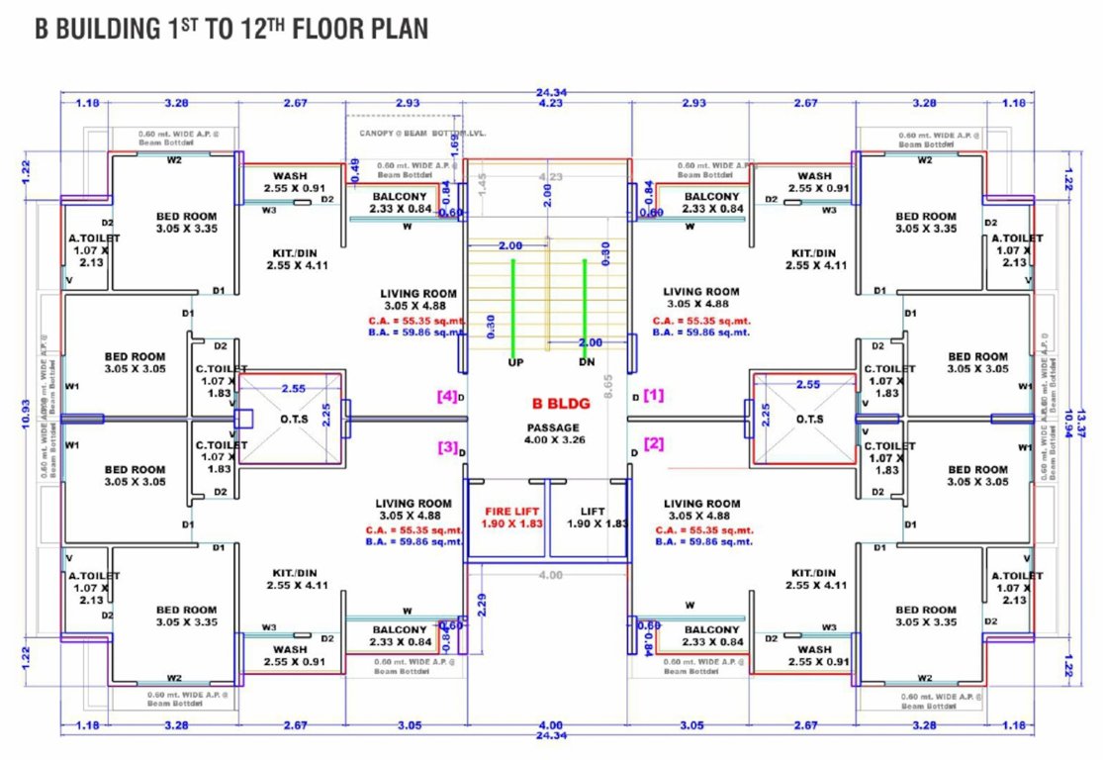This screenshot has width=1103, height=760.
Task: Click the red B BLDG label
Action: [x=547, y=403]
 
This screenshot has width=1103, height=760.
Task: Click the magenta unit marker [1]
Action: [x=654, y=395]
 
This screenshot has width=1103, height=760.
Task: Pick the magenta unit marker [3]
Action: [x=447, y=446]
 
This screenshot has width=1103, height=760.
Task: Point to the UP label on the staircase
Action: [x=515, y=362]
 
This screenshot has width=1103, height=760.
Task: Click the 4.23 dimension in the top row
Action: [x=551, y=103]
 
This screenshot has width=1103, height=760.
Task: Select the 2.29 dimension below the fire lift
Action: [x=482, y=604]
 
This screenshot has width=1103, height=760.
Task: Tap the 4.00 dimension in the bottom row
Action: [x=551, y=724]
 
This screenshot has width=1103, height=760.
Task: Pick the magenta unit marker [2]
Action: [x=654, y=443]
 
